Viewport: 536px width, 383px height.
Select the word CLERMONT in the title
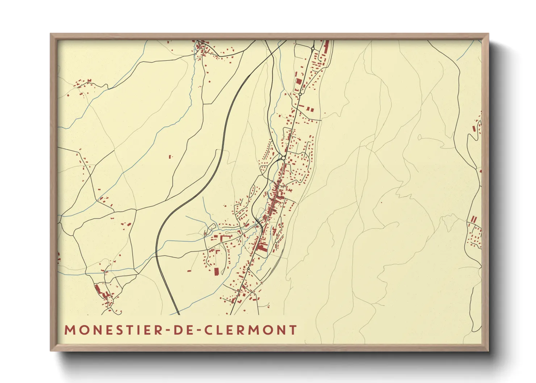251,330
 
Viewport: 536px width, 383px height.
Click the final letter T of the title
293,330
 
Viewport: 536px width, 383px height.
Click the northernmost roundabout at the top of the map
313,48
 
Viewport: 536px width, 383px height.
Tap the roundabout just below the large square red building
300,94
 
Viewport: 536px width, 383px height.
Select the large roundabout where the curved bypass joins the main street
283,158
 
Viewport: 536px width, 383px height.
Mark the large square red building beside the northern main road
299,81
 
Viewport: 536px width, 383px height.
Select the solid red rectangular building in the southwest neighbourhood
217,272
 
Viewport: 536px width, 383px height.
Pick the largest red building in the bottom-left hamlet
97,289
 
